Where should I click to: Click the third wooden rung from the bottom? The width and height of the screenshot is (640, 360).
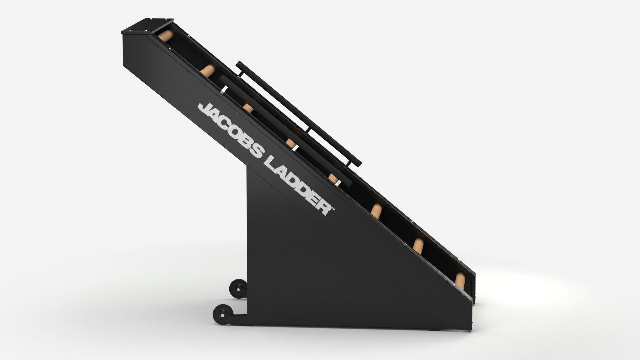(376, 211)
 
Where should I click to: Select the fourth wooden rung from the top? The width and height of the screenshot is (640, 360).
(291, 143)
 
